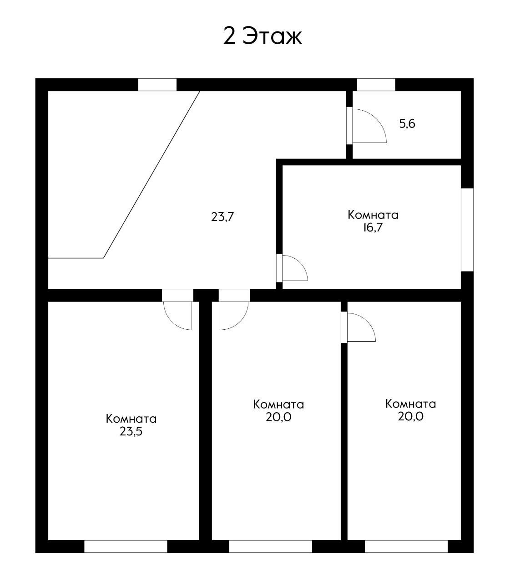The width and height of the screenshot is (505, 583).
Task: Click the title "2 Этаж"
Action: (263, 36)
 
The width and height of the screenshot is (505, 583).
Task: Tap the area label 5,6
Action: (407, 123)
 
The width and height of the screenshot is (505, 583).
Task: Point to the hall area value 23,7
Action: (222, 217)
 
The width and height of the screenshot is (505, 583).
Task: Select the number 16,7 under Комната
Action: (373, 228)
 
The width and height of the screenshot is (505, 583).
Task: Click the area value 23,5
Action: (131, 431)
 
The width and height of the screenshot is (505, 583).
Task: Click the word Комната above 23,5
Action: (131, 419)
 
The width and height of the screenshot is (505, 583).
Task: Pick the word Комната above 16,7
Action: (373, 215)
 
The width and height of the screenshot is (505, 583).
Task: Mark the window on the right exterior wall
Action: (467, 230)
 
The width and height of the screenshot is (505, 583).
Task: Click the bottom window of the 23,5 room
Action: (126, 546)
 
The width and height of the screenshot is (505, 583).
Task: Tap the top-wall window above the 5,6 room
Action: (376, 85)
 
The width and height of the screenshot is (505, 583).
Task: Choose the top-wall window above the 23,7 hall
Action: (157, 85)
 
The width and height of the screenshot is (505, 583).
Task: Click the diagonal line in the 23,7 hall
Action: (152, 174)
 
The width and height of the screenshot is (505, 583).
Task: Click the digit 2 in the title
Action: (229, 36)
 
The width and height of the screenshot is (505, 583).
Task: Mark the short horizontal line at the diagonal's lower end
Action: (76, 258)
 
